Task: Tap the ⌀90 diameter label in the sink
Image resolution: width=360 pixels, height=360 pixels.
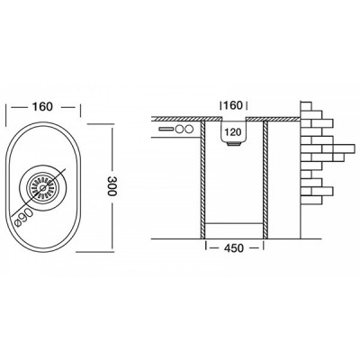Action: tap(28, 211)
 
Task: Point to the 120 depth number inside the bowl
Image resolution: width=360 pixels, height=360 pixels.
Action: tap(233, 131)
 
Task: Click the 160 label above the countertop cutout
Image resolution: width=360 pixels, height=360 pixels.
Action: tap(233, 104)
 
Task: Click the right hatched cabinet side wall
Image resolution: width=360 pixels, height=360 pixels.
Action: tap(265, 180)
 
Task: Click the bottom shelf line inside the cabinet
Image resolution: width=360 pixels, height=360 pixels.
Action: tap(235, 221)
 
